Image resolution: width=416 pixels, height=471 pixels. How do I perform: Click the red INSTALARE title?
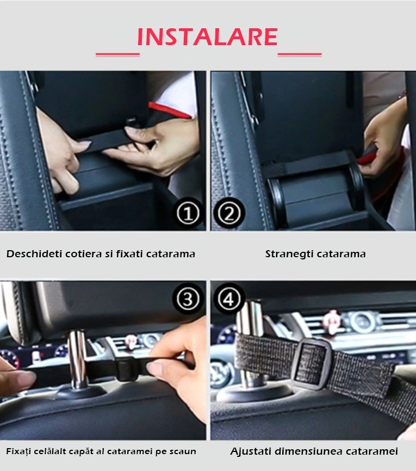pyautogui.click(x=207, y=37)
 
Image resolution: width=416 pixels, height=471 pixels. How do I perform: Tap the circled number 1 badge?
pyautogui.click(x=188, y=214)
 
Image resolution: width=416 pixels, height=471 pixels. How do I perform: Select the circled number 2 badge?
pyautogui.click(x=229, y=214)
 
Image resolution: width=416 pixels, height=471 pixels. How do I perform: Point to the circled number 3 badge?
pyautogui.click(x=188, y=299)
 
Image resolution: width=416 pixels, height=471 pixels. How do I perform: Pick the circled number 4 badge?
pyautogui.click(x=229, y=299)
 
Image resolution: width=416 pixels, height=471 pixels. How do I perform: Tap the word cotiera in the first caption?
pyautogui.click(x=84, y=254)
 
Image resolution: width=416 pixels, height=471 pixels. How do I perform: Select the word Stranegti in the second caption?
pyautogui.click(x=289, y=254)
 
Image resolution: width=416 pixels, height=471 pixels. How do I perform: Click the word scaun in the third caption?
pyautogui.click(x=183, y=451)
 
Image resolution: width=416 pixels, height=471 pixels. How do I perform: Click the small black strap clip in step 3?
pyautogui.click(x=126, y=369)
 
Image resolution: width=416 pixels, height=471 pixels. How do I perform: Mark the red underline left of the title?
pyautogui.click(x=117, y=54)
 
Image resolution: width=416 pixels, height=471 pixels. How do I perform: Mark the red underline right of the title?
pyautogui.click(x=300, y=54)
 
